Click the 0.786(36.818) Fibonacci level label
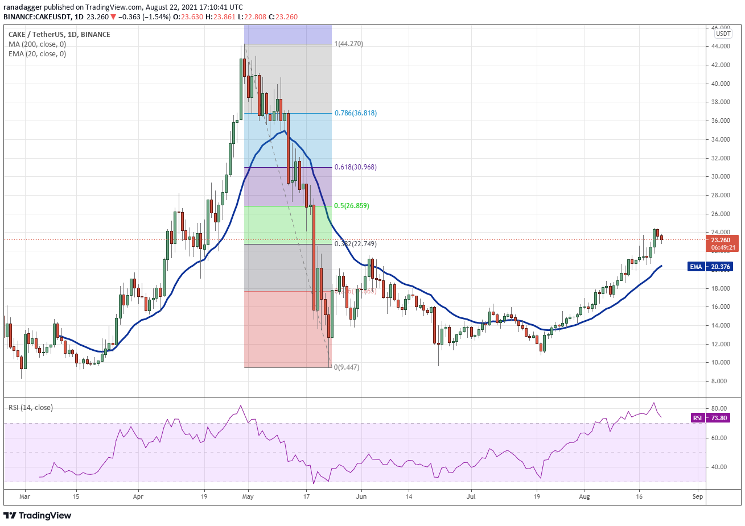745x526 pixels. click(x=355, y=113)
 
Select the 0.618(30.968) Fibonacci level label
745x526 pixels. click(x=355, y=167)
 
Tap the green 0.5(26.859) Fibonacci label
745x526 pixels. click(x=351, y=206)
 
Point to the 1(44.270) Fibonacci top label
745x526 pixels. click(x=348, y=44)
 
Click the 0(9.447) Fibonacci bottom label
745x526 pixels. click(x=347, y=367)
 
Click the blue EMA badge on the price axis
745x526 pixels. click(x=695, y=267)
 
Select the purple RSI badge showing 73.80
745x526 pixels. click(x=697, y=418)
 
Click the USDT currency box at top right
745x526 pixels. click(x=723, y=34)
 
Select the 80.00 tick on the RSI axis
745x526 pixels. click(x=719, y=408)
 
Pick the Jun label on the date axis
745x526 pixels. click(x=361, y=496)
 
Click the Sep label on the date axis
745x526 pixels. click(x=698, y=496)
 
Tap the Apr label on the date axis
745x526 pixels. click(x=138, y=496)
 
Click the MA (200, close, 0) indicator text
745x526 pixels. click(x=37, y=44)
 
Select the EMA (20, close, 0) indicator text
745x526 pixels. click(x=37, y=54)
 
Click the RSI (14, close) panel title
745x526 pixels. click(x=31, y=408)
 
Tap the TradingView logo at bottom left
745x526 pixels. click(x=38, y=515)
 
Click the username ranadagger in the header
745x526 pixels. click(x=22, y=7)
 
